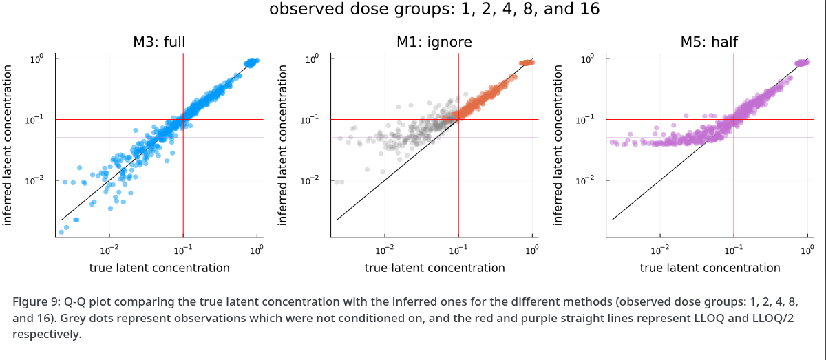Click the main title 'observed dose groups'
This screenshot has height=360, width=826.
pyautogui.click(x=434, y=10)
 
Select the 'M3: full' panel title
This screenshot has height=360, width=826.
pyautogui.click(x=159, y=42)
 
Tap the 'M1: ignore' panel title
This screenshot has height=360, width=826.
pyautogui.click(x=434, y=42)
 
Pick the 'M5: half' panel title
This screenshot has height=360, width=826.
pyautogui.click(x=709, y=42)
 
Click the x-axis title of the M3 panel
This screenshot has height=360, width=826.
pyautogui.click(x=159, y=268)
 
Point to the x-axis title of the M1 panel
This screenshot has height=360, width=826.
pyautogui.click(x=434, y=268)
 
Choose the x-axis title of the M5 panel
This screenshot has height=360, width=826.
pyautogui.click(x=710, y=268)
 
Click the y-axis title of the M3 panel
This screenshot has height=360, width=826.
pyautogui.click(x=8, y=145)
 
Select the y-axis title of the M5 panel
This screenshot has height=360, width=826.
pyautogui.click(x=558, y=145)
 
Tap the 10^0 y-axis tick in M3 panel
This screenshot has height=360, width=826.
pyautogui.click(x=36, y=59)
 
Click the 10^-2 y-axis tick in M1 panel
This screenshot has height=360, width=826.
pyautogui.click(x=312, y=180)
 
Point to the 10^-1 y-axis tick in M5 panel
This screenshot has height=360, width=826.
pyautogui.click(x=587, y=120)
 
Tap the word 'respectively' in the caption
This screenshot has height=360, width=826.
pyautogui.click(x=45, y=335)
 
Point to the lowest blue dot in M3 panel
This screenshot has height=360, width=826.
pyautogui.click(x=61, y=232)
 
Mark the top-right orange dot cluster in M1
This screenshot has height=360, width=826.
pyautogui.click(x=527, y=63)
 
